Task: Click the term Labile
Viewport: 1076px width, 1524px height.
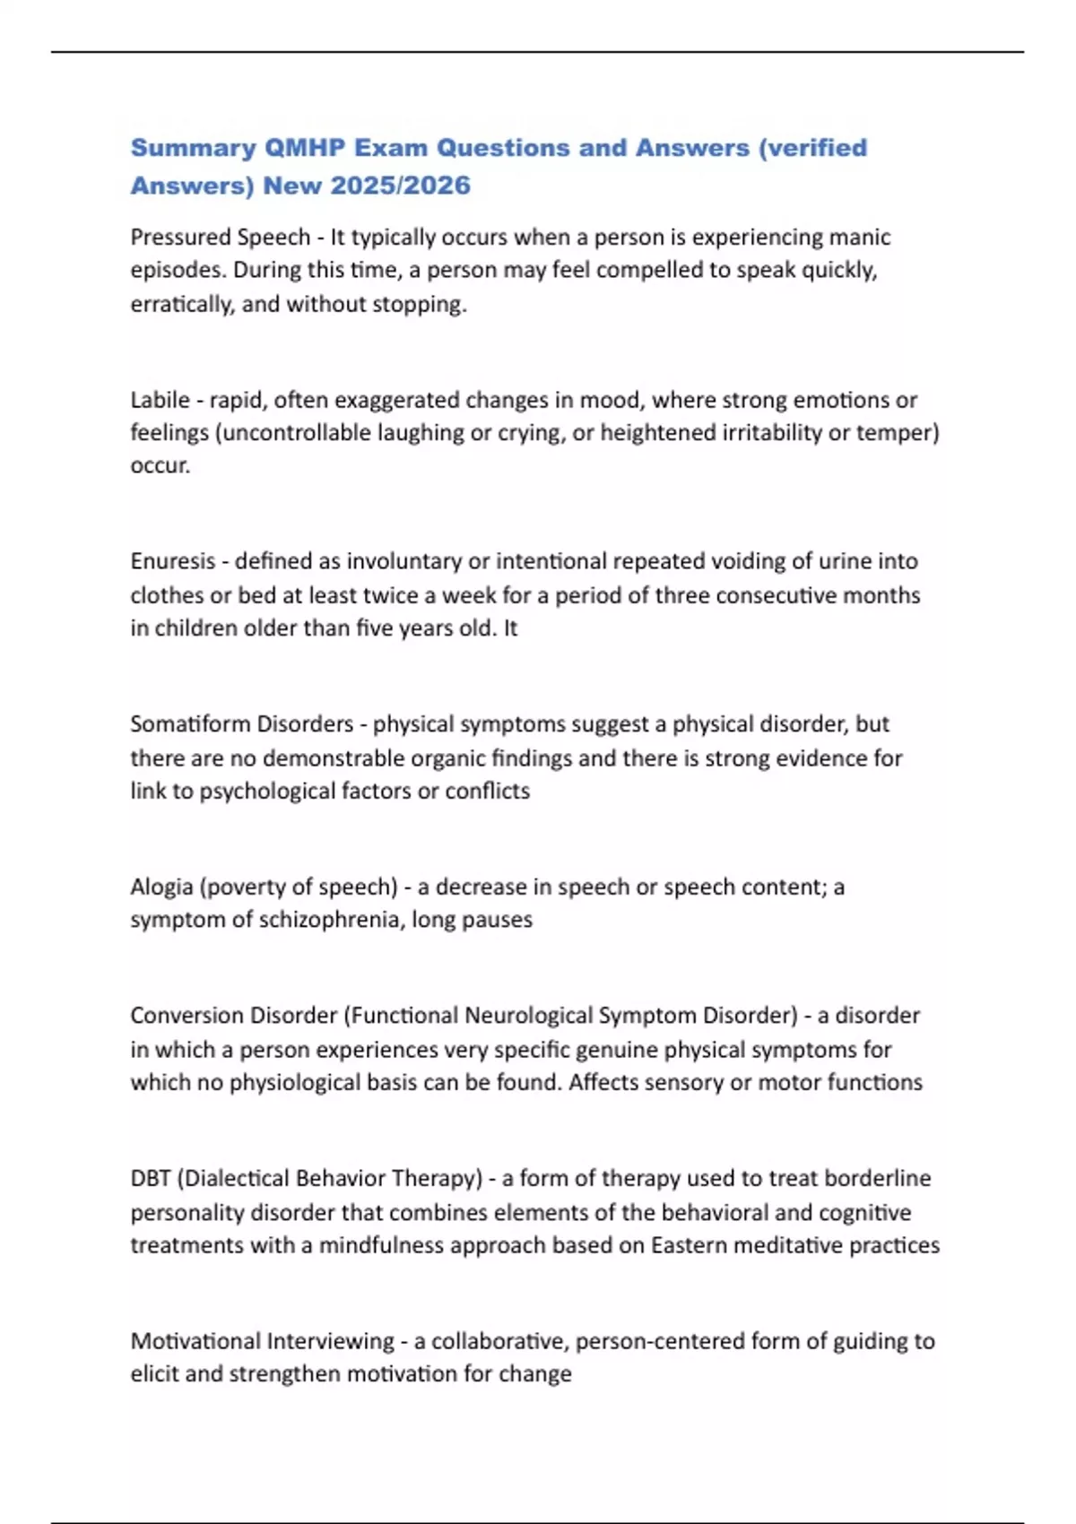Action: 161,400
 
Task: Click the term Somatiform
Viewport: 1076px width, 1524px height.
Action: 186,724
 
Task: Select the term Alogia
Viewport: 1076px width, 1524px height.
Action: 161,888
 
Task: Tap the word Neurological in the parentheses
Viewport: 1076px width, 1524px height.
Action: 522,1016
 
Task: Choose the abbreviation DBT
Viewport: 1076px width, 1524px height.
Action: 151,1178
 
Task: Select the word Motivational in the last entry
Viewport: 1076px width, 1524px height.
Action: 195,1341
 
